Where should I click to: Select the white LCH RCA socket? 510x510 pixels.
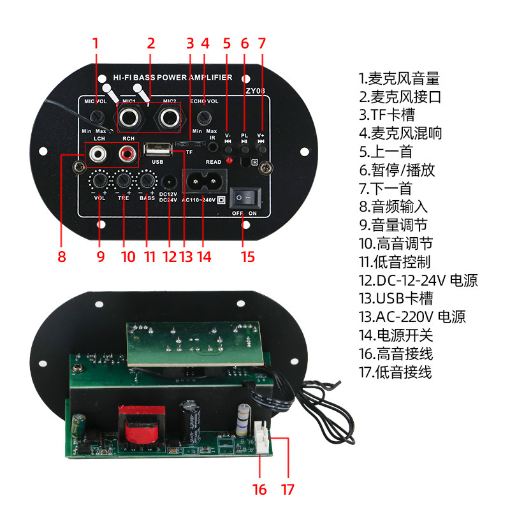99,153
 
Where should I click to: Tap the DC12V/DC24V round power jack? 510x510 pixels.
169,181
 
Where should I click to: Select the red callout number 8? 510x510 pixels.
62,257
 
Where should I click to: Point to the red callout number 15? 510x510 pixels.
247,257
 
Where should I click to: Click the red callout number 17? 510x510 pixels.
288,490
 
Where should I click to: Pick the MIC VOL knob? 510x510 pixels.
98,117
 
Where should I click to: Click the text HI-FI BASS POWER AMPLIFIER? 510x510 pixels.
172,77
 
